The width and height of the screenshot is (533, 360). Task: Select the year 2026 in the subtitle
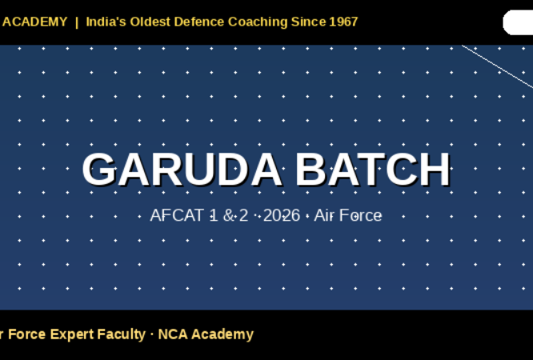tap(281, 215)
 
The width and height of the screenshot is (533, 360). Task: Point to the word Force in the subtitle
tap(361, 215)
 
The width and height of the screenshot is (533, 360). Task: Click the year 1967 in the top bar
tap(343, 22)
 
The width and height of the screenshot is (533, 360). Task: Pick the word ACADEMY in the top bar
tap(34, 22)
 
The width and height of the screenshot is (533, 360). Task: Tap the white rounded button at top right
tap(519, 22)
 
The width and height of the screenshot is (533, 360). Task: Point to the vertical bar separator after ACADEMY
tap(77, 22)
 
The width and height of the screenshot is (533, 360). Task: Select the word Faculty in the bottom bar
tap(121, 334)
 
